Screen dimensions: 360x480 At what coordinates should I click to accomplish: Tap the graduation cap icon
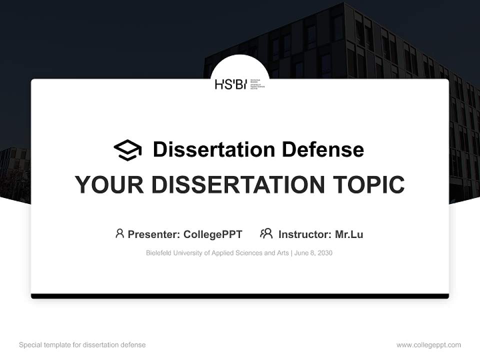(127, 150)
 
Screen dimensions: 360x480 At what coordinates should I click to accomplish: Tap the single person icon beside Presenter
(119, 233)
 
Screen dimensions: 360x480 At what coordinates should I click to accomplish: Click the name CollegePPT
(212, 234)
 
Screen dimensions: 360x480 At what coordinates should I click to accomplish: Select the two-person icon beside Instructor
(266, 233)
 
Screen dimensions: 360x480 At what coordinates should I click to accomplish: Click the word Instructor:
(304, 234)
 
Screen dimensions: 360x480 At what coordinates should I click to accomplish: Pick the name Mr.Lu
(349, 234)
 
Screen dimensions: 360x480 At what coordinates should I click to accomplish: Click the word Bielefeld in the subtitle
(158, 253)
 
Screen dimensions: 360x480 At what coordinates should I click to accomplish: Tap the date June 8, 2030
(313, 253)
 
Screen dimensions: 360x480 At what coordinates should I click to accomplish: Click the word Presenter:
(154, 234)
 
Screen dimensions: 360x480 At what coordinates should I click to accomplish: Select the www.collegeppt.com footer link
(428, 345)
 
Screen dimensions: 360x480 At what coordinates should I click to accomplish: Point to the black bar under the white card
(240, 296)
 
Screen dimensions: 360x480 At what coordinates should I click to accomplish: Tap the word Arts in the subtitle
(283, 253)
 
